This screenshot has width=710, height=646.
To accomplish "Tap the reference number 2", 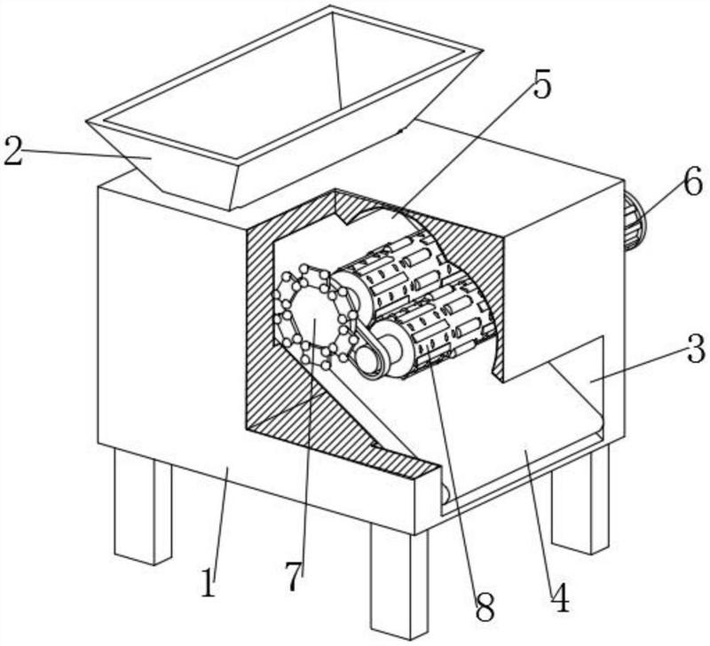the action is click(x=12, y=151).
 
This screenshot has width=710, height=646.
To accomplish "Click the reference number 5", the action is click(x=542, y=86).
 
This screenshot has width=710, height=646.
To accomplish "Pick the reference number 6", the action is click(x=693, y=182).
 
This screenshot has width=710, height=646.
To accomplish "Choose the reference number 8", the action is click(x=485, y=609).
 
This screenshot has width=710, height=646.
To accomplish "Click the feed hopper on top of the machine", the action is click(x=284, y=106).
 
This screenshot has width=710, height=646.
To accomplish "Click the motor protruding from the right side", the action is click(x=635, y=223).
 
